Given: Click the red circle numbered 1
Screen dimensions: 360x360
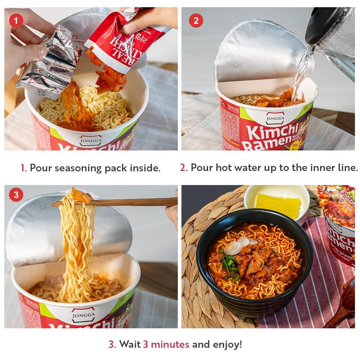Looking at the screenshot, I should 16,21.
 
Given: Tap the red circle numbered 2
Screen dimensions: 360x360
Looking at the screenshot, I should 196,21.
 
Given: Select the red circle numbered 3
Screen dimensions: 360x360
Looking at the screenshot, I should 16,195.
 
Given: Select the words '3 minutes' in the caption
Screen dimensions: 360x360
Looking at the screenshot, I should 166,345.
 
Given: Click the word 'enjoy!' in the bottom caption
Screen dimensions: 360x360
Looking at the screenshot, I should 226,345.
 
